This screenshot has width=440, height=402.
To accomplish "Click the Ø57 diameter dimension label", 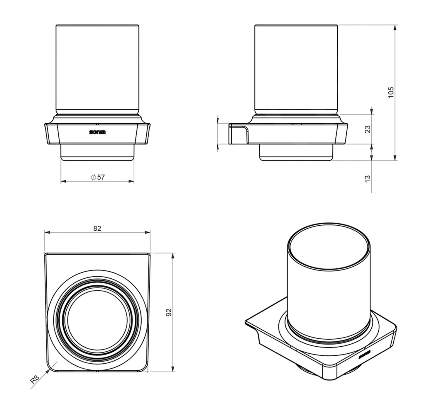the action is point(98,177).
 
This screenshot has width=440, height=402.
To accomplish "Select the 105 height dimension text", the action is point(391,93).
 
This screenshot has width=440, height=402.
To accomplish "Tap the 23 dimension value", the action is point(367,129).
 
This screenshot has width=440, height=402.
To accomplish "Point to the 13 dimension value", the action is point(367,178).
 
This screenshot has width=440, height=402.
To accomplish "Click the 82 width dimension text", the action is point(97,229).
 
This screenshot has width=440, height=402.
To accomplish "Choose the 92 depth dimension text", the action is point(169,312).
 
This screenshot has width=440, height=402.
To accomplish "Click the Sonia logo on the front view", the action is point(97,132).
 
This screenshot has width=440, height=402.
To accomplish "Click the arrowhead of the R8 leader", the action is point(48,370).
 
